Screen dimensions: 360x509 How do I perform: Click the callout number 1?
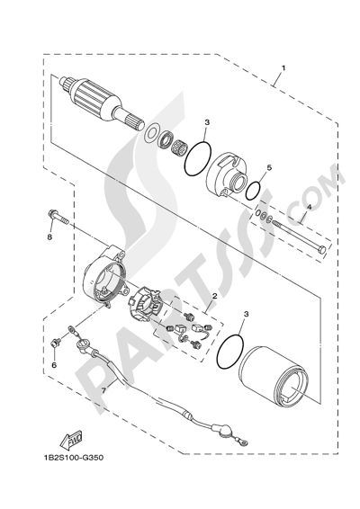click(x=283, y=67)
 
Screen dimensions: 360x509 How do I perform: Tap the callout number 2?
click(x=214, y=296)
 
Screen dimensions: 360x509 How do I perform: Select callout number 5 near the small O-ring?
click(x=269, y=167)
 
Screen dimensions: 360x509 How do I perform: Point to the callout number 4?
click(x=309, y=207)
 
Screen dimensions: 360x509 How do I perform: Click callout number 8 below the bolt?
click(x=49, y=237)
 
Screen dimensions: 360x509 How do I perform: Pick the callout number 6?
click(x=54, y=365)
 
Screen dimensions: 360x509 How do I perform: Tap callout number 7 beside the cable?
click(x=103, y=391)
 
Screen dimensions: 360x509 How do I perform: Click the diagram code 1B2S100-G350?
click(x=73, y=458)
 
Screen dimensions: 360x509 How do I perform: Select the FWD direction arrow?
click(x=71, y=438)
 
